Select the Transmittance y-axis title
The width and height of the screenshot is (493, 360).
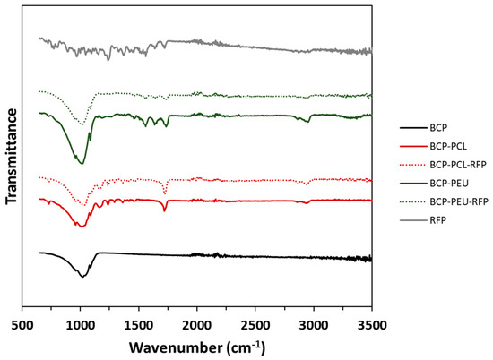pos(12,158)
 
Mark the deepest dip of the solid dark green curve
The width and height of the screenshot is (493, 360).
pos(82,164)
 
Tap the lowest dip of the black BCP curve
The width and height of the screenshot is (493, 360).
pos(82,277)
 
